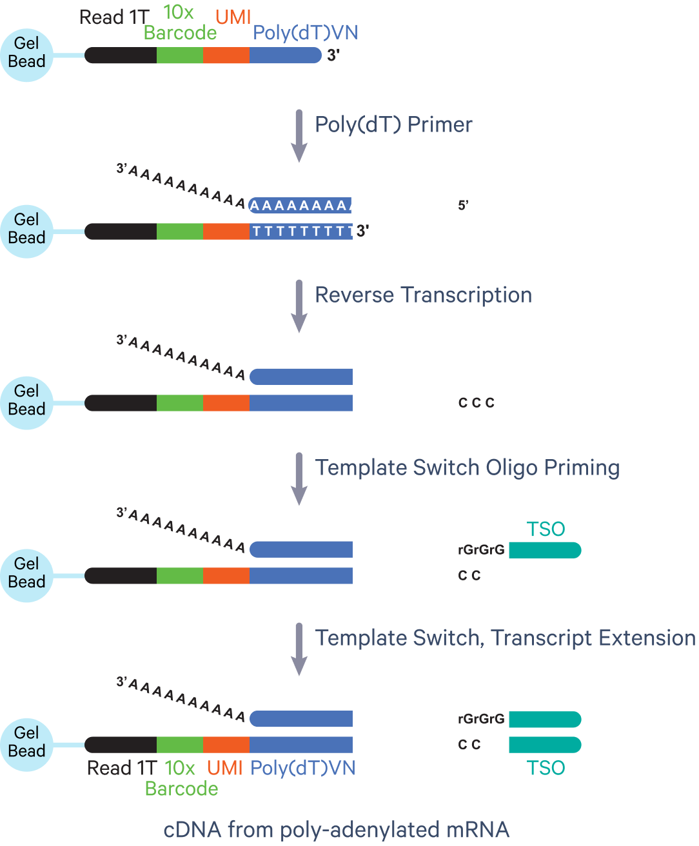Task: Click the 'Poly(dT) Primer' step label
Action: [393, 124]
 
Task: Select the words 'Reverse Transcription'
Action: [423, 295]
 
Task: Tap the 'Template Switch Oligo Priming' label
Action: [467, 467]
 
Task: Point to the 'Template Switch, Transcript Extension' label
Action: [505, 638]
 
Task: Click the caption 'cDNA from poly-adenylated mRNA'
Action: [337, 829]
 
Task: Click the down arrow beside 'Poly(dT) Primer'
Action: [299, 136]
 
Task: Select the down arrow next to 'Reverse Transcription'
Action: [299, 306]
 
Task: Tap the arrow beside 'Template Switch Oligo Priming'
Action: [299, 478]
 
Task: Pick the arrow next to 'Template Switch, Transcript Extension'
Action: [299, 649]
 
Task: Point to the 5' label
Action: [463, 206]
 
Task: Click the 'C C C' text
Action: [476, 403]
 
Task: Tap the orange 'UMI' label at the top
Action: [233, 17]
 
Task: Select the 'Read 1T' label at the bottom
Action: [122, 768]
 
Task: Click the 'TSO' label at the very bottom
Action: [546, 768]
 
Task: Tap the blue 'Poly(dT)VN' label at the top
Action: [305, 33]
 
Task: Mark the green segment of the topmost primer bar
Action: [180, 55]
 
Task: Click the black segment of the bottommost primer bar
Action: [121, 745]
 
